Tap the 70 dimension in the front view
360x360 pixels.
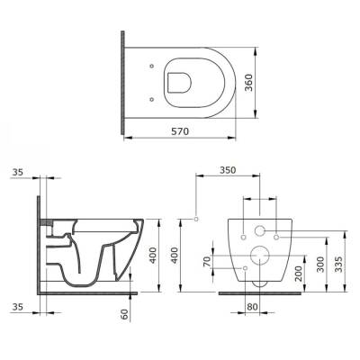(206, 262)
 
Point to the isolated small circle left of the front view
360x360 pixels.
(195, 219)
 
